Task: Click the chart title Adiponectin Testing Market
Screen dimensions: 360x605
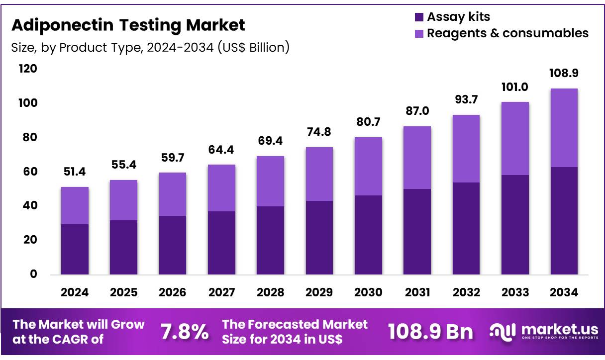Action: (128, 25)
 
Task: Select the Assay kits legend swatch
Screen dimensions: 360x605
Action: (419, 17)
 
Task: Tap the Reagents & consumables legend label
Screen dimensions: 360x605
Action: (507, 33)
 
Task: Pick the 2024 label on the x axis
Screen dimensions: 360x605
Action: (75, 292)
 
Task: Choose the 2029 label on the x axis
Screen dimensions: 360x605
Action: (319, 292)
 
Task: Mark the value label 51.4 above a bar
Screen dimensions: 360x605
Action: (75, 173)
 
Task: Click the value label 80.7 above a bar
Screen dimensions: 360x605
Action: (368, 122)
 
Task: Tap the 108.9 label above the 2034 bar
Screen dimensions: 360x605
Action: (564, 73)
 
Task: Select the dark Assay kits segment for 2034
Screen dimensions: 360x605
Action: (564, 221)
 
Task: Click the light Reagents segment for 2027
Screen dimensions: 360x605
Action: (221, 188)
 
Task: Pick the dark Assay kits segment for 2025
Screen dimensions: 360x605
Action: (123, 247)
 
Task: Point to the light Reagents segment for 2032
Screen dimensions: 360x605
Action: (466, 149)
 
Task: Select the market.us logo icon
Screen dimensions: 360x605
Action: (501, 332)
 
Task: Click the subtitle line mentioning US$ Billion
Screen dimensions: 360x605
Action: (150, 48)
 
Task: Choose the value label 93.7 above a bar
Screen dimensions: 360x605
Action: (466, 100)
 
